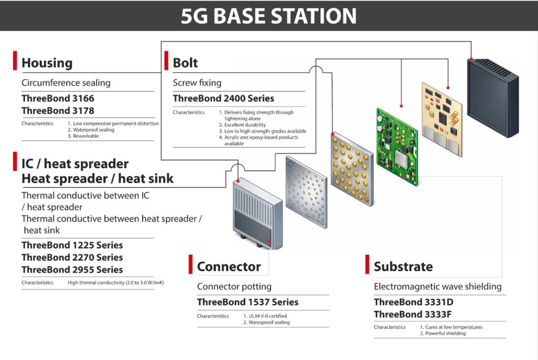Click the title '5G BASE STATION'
click(268, 16)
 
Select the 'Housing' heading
click(47, 64)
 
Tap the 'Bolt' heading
click(185, 64)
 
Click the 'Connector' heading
click(229, 266)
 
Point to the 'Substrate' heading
click(403, 266)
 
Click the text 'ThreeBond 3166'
click(58, 98)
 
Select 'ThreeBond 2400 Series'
click(223, 98)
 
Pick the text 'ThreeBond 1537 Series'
click(247, 302)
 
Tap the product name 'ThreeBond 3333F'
click(412, 314)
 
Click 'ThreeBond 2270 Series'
click(72, 258)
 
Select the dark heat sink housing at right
click(492, 97)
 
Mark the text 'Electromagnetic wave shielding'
click(438, 287)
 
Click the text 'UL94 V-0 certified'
click(265, 316)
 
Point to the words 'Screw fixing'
click(197, 83)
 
